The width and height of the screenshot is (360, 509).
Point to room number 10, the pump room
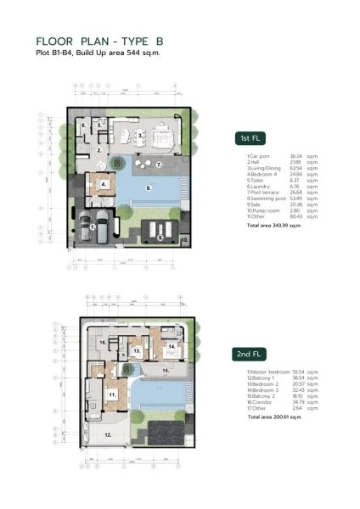pos(184,241)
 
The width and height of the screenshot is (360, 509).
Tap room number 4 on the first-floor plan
pos(103,183)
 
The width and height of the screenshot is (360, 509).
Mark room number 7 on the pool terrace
pos(158,164)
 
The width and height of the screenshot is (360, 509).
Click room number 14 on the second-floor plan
pos(171,346)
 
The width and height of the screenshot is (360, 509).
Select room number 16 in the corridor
pos(103,342)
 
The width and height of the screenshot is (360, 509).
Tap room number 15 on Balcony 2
pos(165,370)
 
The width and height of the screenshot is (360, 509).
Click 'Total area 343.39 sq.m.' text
pos(274,227)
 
